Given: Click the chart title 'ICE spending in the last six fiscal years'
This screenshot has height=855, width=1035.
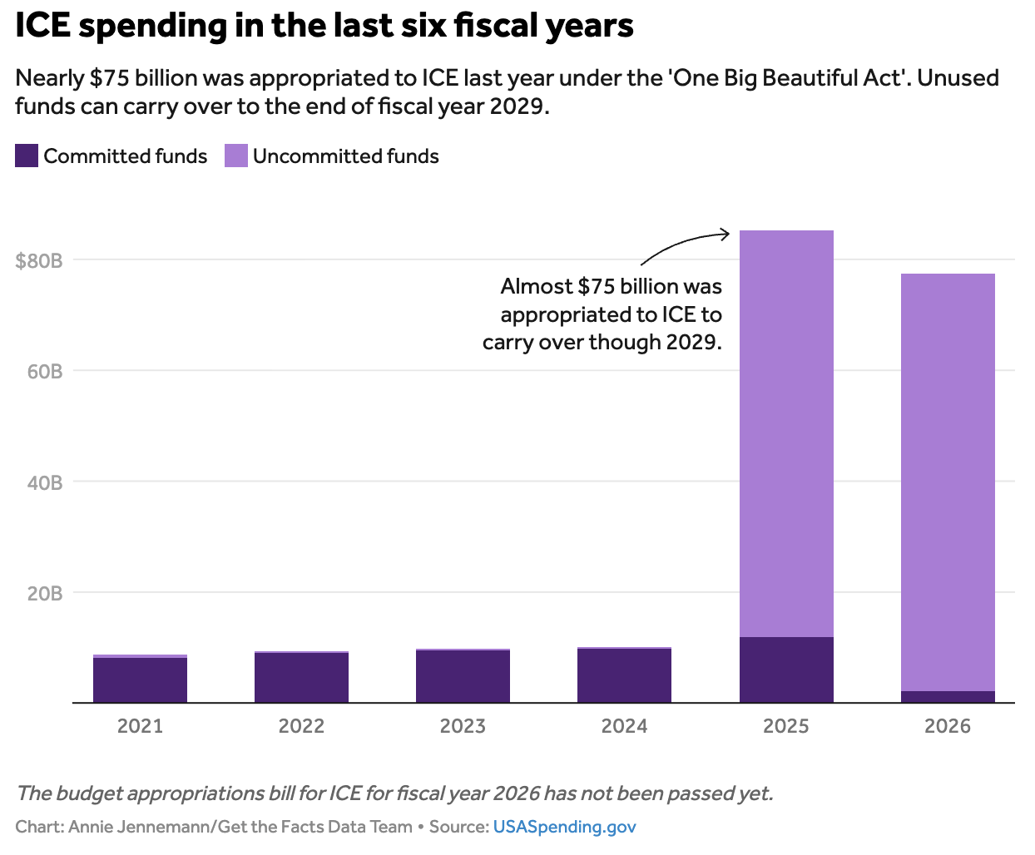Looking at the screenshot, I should click(x=324, y=27).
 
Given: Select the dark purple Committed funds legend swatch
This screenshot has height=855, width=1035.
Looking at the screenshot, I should click(x=27, y=156).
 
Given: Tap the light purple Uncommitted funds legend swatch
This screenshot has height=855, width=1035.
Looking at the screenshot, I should click(x=236, y=156).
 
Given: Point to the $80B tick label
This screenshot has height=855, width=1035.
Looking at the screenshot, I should click(x=39, y=260).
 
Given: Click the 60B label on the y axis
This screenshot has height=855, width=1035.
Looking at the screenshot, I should click(x=45, y=371).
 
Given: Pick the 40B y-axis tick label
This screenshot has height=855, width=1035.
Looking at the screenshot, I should click(x=45, y=482).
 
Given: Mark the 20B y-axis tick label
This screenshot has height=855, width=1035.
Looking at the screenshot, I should click(x=45, y=593).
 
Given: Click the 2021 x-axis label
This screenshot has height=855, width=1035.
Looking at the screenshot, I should click(x=140, y=726).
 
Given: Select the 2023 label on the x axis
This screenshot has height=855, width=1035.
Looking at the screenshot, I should click(x=463, y=726).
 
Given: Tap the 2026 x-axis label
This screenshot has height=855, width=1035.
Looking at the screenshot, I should click(x=948, y=726).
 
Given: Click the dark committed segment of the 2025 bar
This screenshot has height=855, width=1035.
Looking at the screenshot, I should click(x=786, y=670).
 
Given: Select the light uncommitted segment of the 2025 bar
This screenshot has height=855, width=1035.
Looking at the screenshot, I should click(x=786, y=432).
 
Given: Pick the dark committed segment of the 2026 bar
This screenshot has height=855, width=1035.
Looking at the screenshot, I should click(x=948, y=697).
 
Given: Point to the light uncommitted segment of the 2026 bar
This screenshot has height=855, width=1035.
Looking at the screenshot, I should click(x=948, y=482).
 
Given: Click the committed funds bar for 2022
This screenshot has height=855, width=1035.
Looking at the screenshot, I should click(x=301, y=678).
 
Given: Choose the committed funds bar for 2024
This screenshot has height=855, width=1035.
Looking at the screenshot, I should click(x=624, y=675).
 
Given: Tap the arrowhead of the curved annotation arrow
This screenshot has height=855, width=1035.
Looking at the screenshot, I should click(x=726, y=235).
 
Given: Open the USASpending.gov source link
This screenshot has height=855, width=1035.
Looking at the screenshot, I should click(x=564, y=827).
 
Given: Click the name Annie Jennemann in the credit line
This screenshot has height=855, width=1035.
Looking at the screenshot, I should click(x=136, y=827).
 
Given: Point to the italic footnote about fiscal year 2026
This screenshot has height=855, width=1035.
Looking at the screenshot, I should click(x=394, y=793).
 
